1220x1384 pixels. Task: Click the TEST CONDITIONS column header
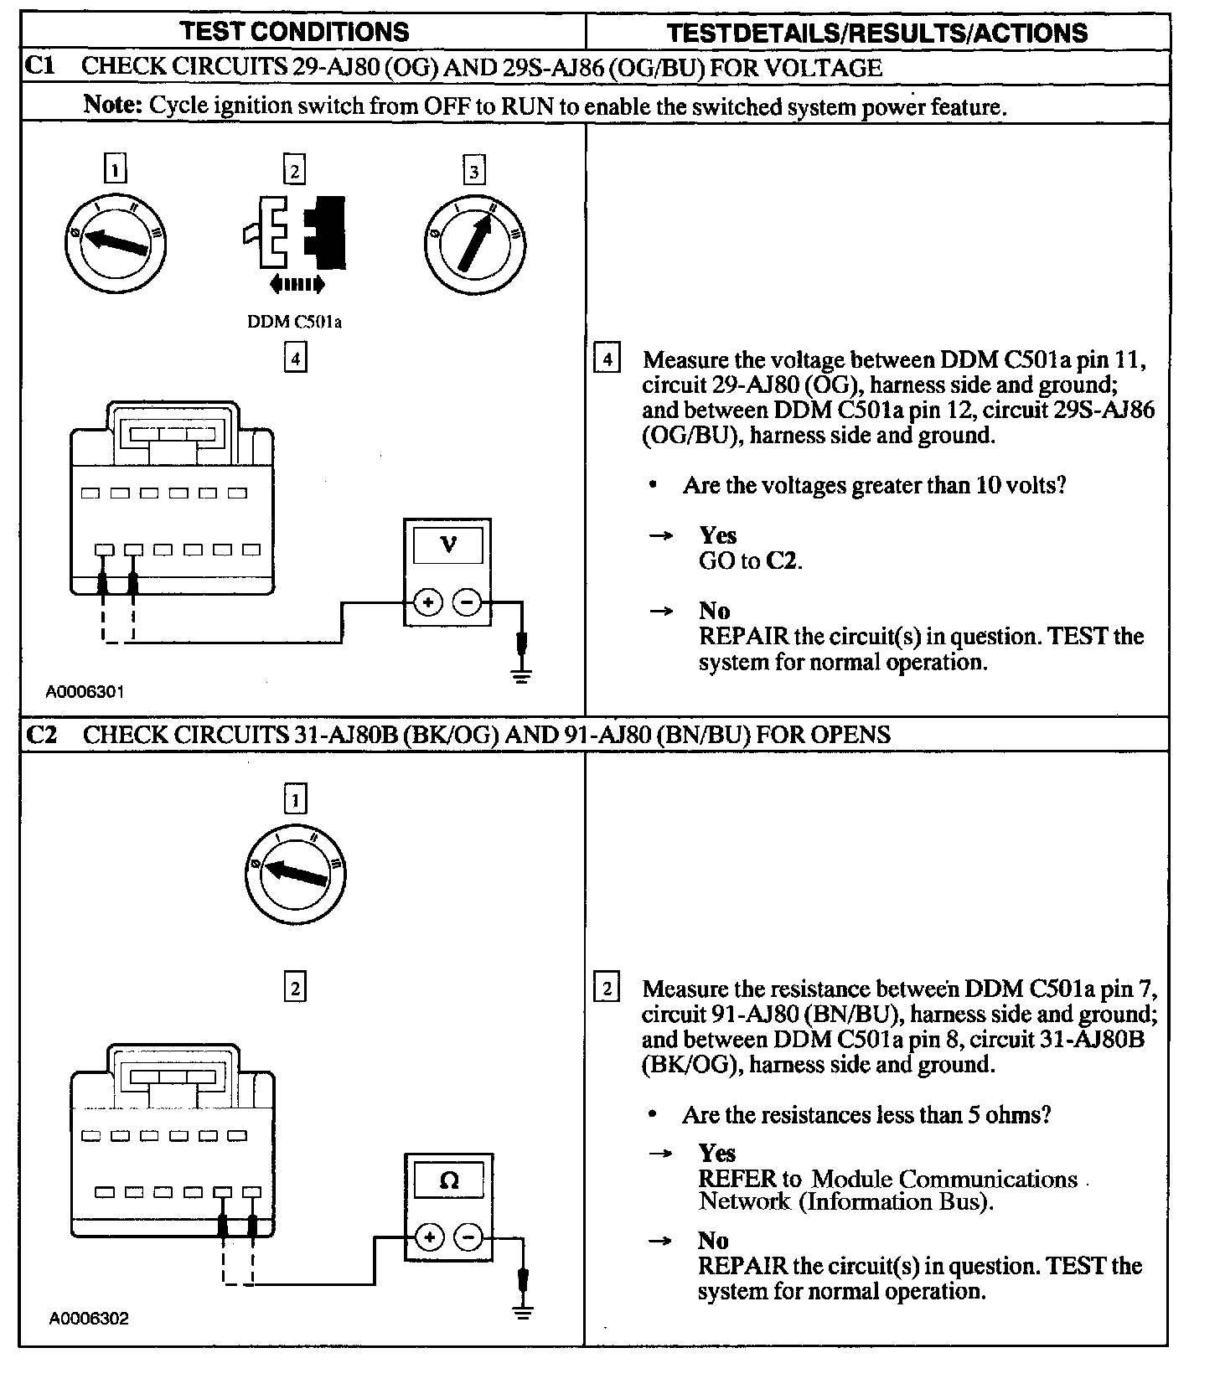point(295,32)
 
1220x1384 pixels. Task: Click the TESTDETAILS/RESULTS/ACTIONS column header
point(876,33)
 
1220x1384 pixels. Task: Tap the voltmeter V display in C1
point(448,545)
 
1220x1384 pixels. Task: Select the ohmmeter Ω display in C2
point(449,1181)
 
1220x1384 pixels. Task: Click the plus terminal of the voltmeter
point(428,602)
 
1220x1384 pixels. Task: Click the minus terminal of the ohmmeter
point(469,1237)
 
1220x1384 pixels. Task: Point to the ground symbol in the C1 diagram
point(521,675)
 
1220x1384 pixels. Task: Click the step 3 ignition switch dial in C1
point(474,243)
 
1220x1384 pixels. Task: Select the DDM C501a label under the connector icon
point(294,321)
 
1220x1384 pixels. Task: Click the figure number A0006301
point(85,692)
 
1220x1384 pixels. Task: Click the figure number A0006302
point(88,1319)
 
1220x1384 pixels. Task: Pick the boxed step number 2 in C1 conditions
point(294,171)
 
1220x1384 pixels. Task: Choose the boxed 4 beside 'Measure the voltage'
point(606,360)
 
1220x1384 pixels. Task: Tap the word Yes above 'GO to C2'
point(718,535)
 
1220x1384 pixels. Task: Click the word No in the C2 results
point(713,1240)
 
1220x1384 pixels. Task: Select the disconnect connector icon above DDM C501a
point(294,235)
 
